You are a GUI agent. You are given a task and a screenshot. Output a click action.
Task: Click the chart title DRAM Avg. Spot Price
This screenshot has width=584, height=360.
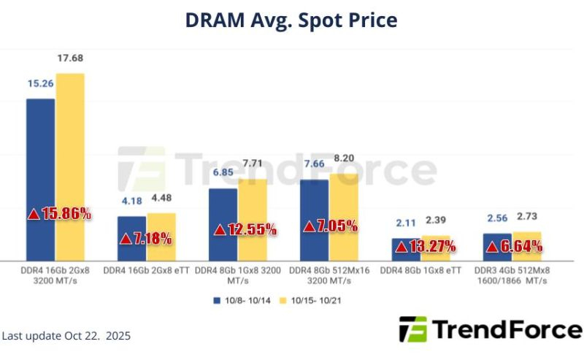pos(291,20)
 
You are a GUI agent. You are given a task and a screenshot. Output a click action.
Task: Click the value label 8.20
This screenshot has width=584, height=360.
pos(344,158)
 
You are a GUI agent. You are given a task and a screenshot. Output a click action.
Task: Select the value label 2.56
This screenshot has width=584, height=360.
pos(496,218)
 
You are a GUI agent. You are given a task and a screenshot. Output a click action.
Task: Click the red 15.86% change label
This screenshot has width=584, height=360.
pos(60,214)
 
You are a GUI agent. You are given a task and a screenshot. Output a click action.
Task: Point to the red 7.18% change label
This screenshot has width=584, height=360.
pos(146,238)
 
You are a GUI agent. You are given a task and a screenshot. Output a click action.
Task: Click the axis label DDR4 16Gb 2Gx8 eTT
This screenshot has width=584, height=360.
pos(146,270)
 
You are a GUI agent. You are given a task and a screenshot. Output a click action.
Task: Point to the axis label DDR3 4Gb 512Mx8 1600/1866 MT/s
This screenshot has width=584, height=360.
pos(512,275)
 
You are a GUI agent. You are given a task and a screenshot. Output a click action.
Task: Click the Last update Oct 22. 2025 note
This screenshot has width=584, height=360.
pos(66,337)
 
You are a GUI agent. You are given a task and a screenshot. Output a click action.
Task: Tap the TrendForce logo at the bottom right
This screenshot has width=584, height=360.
pos(491,330)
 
